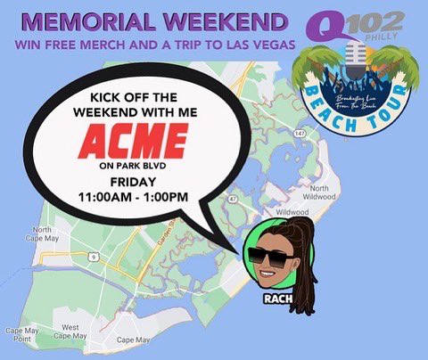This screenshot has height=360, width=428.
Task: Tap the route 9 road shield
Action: [94, 258]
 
